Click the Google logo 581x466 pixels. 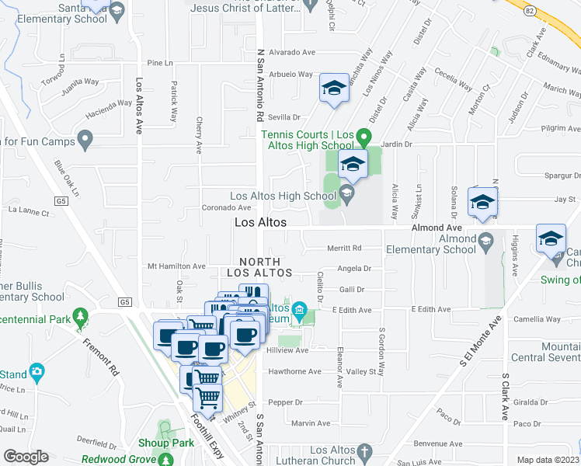[26, 457]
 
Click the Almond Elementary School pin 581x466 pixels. [486, 238]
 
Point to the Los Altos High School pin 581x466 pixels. [347, 192]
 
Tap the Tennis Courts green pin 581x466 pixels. [362, 134]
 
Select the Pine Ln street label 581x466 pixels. [158, 62]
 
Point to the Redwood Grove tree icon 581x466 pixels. [165, 460]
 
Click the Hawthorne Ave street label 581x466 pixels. [295, 371]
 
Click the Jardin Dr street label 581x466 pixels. [396, 144]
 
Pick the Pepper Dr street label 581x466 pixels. [284, 402]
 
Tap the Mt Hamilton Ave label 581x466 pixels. [177, 266]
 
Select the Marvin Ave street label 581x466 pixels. [311, 423]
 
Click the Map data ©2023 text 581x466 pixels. [547, 460]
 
